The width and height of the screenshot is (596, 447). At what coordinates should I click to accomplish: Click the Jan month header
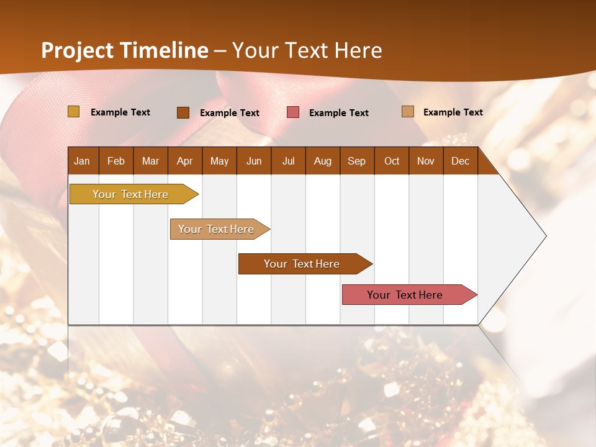83,161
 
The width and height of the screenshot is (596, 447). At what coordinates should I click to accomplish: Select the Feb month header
116,161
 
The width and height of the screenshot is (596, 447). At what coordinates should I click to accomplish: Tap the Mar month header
150,161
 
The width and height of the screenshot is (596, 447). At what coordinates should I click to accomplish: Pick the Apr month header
185,161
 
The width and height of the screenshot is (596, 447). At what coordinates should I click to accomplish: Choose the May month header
219,161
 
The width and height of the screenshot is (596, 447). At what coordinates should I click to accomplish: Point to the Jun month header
254,161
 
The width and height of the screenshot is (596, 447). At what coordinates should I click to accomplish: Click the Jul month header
288,161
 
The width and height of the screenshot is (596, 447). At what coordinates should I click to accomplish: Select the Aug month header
323,161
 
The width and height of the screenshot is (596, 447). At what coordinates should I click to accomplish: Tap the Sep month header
357,161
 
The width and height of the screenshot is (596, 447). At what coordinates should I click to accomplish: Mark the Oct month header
392,161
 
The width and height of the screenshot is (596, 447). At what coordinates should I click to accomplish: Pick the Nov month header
426,161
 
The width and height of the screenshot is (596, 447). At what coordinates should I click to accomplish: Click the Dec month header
461,161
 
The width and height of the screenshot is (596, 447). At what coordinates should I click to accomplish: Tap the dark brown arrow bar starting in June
302,264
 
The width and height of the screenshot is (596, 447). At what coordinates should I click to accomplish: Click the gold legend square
73,112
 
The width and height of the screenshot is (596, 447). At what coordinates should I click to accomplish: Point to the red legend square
293,112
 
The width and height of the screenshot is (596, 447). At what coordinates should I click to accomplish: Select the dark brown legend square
183,112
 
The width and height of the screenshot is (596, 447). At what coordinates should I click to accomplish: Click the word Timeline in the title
165,50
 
